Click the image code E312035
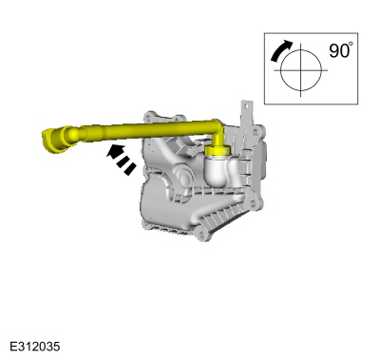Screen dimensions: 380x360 34,347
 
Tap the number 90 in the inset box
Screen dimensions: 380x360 338,50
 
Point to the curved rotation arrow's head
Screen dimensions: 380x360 287,44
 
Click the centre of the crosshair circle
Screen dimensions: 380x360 300,70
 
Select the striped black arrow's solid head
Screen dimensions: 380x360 114,151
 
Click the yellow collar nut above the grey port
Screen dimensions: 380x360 218,150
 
